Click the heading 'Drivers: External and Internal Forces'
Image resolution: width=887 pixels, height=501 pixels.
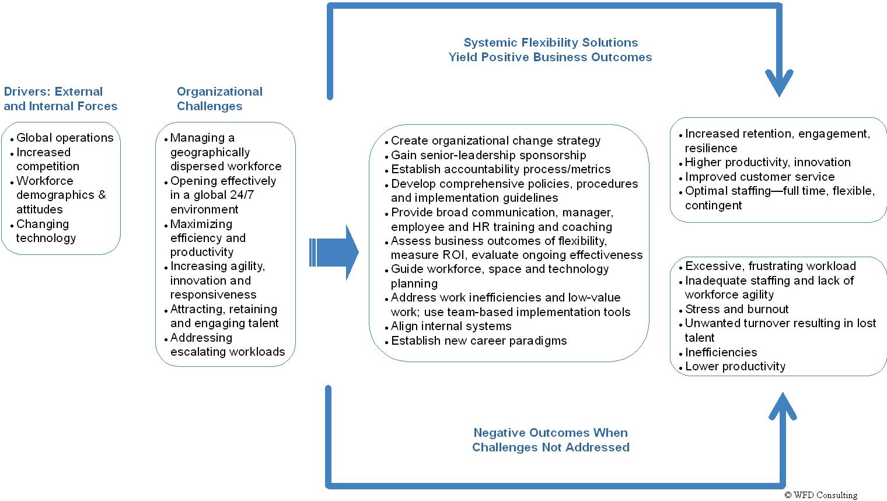pos(60,99)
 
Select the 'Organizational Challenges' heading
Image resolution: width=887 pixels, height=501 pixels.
pos(219,99)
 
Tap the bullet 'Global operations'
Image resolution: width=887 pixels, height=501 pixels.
pos(65,138)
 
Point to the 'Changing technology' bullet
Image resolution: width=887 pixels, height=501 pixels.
pos(46,231)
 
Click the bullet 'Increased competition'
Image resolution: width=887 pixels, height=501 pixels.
pos(47,159)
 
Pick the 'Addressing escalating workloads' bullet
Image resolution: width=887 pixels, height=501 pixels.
pos(227,345)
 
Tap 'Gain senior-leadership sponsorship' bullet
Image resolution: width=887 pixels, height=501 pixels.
pos(488,155)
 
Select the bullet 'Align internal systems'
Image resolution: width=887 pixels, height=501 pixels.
pos(451,326)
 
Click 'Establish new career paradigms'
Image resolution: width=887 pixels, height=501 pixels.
pos(479,341)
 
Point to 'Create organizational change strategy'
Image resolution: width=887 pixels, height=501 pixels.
pos(495,141)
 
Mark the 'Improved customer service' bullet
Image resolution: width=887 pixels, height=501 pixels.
pos(759,177)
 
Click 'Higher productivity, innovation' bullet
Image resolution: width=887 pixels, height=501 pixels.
pos(767,162)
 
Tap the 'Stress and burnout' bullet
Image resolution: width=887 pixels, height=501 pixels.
pos(736,309)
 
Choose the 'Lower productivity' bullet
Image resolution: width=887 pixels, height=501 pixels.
pos(735,366)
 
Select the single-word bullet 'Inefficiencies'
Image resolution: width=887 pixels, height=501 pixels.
pos(721,352)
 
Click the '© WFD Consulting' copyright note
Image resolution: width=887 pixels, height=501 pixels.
pos(820,495)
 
